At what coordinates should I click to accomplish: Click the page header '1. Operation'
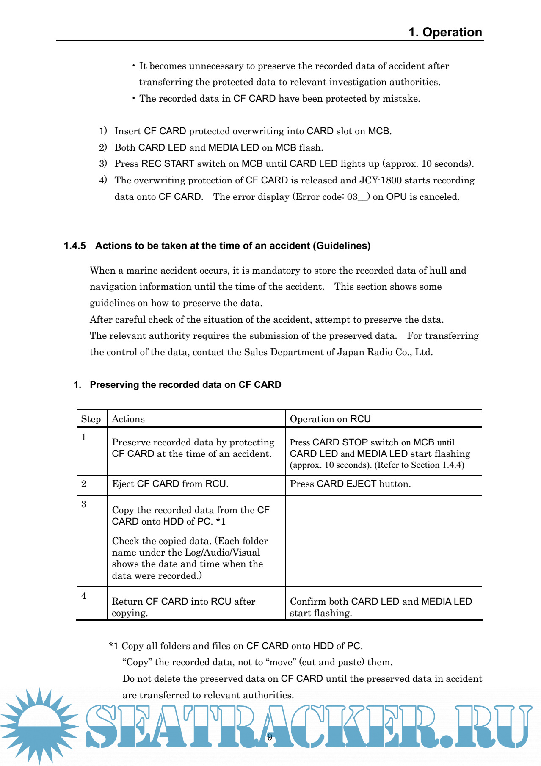tap(445, 32)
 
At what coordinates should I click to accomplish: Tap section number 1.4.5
tap(75, 246)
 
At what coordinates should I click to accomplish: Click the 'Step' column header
tap(91, 419)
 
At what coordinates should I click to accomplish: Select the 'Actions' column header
tap(128, 419)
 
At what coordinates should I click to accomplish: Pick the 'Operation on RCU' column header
tap(330, 419)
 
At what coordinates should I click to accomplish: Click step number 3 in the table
tap(84, 504)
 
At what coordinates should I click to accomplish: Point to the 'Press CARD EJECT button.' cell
tap(350, 484)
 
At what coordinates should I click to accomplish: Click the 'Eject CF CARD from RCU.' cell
tap(170, 484)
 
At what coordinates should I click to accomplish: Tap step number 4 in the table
tap(84, 596)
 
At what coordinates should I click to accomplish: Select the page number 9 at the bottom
tap(270, 737)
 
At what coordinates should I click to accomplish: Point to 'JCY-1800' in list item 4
tap(381, 180)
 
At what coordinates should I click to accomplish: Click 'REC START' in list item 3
tap(168, 163)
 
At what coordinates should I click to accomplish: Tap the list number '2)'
tap(103, 147)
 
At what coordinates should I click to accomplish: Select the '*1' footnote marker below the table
tap(113, 646)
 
